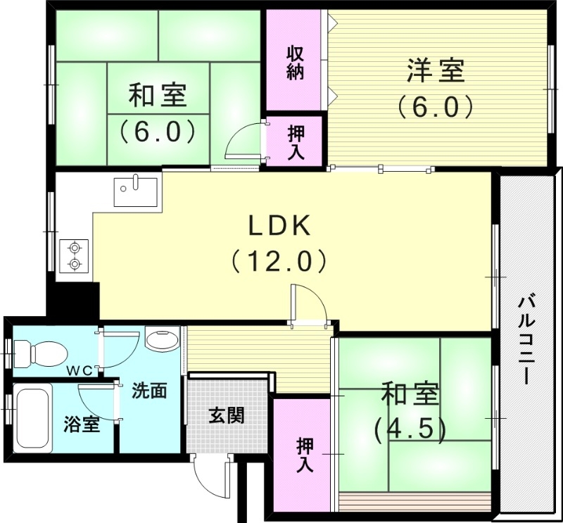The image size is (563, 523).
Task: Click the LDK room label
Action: (x=279, y=226)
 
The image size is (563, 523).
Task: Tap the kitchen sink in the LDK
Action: (x=136, y=191)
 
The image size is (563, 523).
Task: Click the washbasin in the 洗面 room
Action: (x=163, y=341)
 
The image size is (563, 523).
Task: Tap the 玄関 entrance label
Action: (x=226, y=415)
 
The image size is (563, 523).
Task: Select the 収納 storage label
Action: (x=295, y=63)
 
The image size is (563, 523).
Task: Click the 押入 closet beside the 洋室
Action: (x=295, y=141)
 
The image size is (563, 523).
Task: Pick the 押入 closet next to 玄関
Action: (x=305, y=454)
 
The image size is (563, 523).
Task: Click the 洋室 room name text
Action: (x=434, y=72)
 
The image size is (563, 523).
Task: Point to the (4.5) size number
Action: (x=410, y=428)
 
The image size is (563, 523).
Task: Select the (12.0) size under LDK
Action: (x=279, y=262)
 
